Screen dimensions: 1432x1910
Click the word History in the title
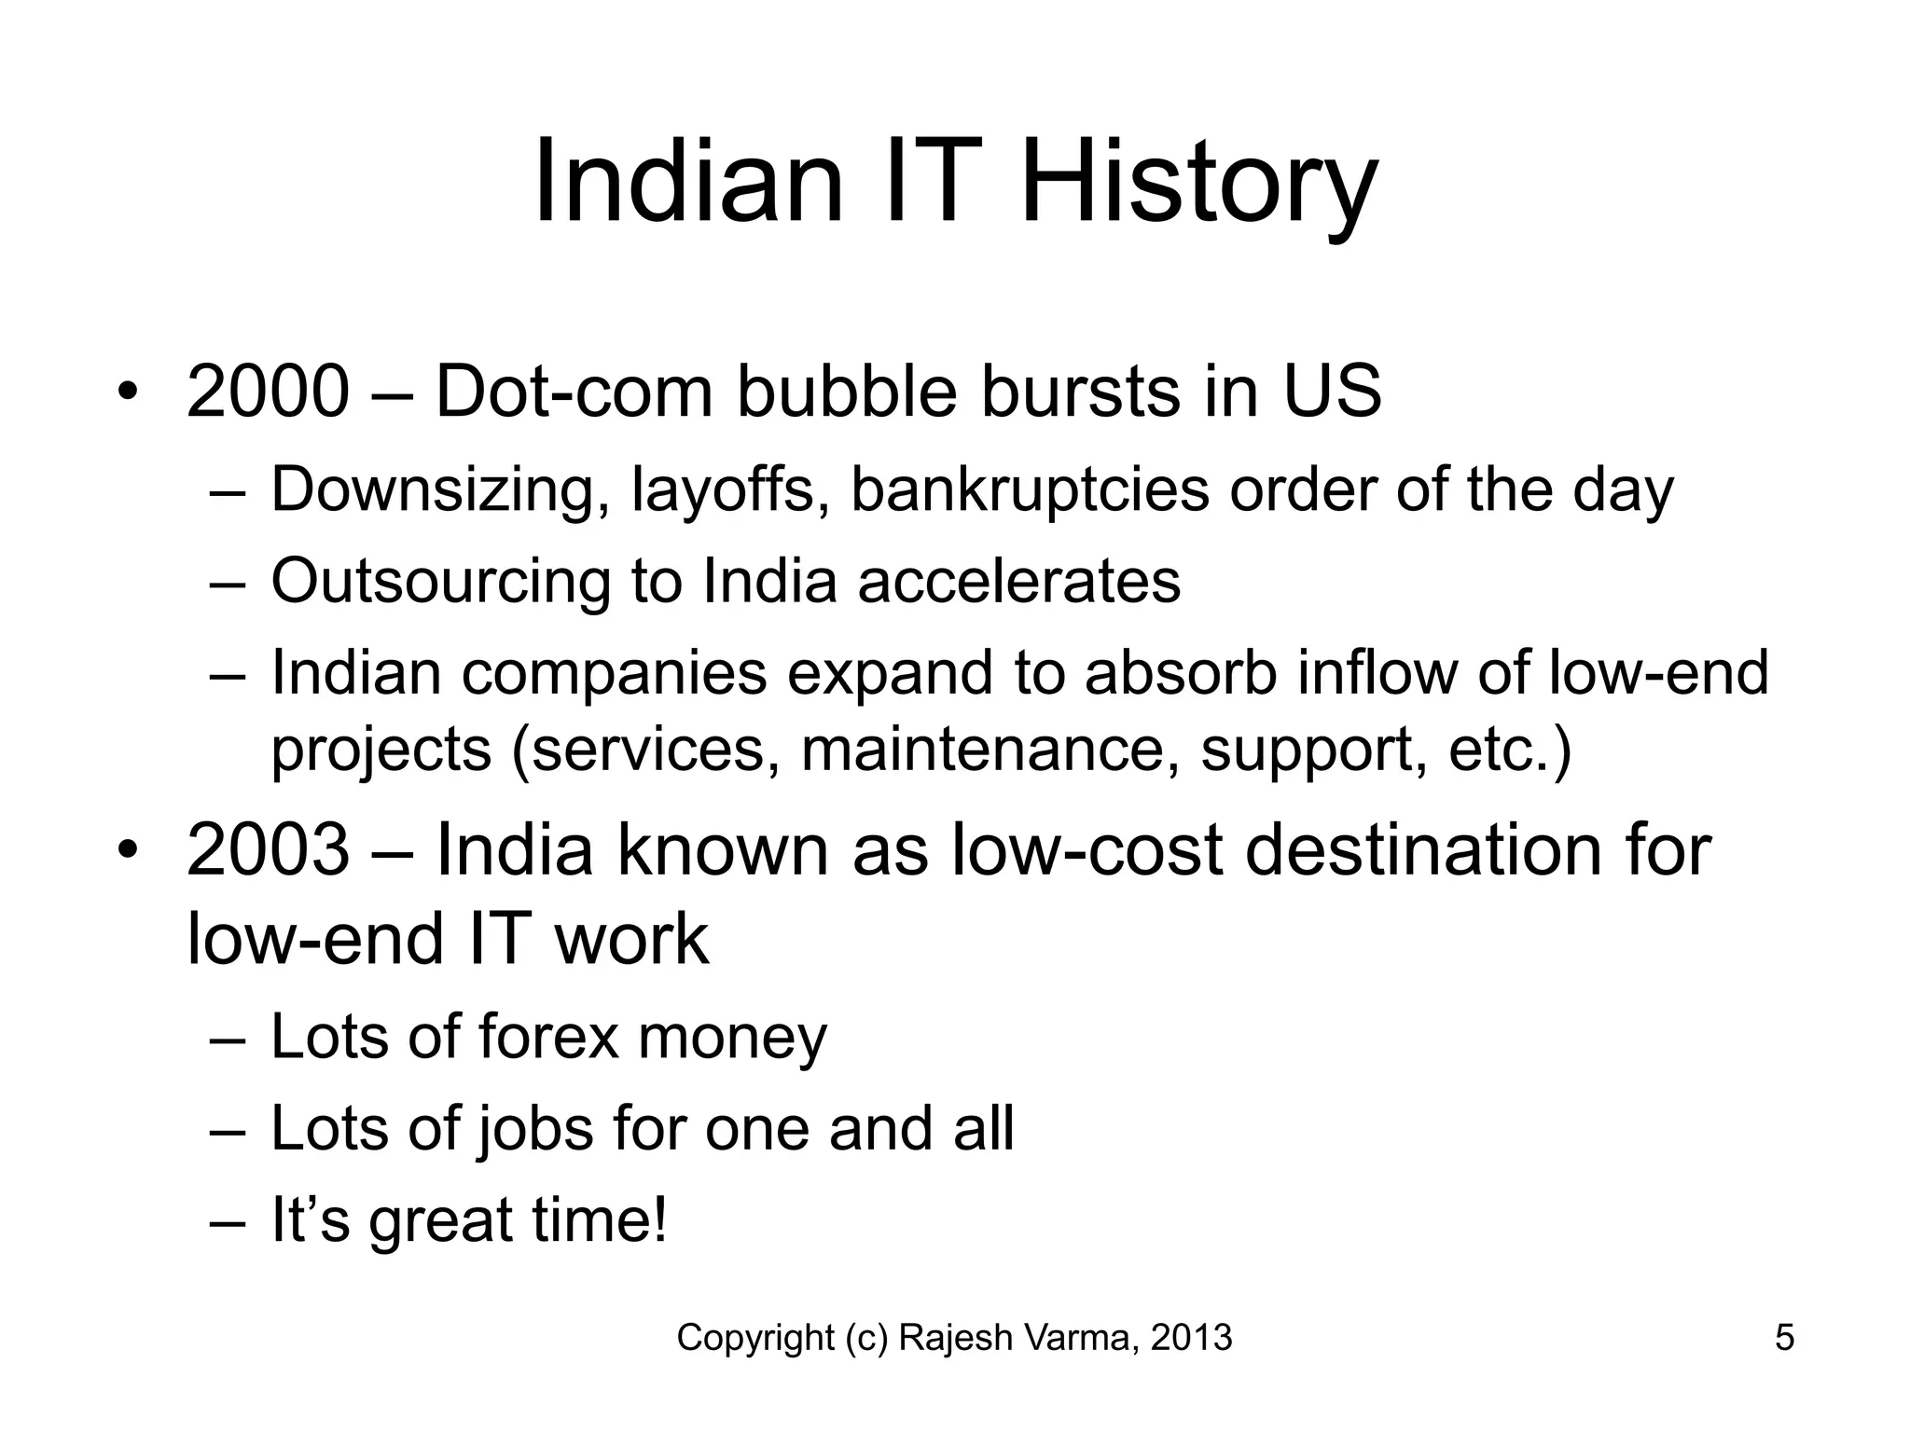tap(1198, 182)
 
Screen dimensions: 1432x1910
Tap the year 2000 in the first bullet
tap(268, 392)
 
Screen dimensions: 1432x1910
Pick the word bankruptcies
tap(1030, 490)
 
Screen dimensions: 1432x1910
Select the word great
tap(440, 1220)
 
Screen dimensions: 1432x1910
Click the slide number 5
tap(1784, 1338)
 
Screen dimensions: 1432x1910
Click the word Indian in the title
tap(688, 182)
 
